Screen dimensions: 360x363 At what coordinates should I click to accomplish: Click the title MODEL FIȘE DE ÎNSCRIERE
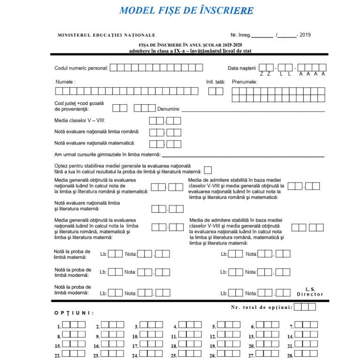(x=186, y=10)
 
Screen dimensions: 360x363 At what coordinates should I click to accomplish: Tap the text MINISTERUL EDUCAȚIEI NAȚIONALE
(x=106, y=35)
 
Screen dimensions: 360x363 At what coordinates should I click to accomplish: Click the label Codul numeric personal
(x=81, y=68)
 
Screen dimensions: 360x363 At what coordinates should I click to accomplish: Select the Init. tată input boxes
(x=216, y=91)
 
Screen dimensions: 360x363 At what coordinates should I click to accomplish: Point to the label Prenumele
(x=244, y=82)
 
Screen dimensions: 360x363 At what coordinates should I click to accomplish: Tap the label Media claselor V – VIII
(x=80, y=121)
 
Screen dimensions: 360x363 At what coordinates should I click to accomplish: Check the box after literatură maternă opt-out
(x=208, y=170)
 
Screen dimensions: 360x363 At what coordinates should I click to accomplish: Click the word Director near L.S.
(x=310, y=294)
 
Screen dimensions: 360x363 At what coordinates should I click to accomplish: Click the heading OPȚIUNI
(x=74, y=313)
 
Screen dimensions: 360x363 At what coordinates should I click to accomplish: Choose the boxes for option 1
(x=74, y=325)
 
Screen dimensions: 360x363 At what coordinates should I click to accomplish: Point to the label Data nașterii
(x=243, y=68)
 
